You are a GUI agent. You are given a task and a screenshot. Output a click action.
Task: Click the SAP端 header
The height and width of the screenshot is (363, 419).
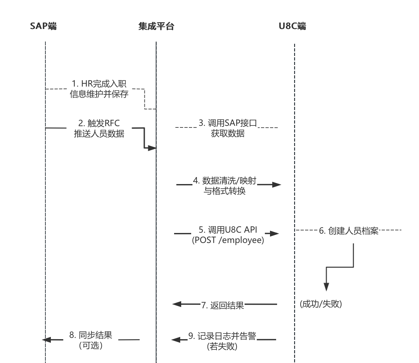click(x=43, y=26)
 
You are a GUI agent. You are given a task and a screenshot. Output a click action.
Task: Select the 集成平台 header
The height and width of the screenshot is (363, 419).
click(x=156, y=26)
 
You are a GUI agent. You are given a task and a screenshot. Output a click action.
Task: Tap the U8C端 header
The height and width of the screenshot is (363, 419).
click(x=292, y=26)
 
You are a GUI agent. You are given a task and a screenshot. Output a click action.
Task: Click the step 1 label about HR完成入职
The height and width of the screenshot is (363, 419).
click(x=99, y=89)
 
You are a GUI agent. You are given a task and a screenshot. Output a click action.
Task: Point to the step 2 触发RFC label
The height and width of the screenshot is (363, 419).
click(x=99, y=128)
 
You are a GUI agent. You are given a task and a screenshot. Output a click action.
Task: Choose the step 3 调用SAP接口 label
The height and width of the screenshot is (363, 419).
click(x=228, y=128)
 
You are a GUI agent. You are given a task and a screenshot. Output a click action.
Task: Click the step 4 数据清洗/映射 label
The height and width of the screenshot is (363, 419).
click(x=225, y=185)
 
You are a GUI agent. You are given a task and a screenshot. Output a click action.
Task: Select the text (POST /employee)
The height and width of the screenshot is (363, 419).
click(x=228, y=240)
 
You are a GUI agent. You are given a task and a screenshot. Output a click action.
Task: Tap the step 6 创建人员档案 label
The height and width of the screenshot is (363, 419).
click(x=349, y=231)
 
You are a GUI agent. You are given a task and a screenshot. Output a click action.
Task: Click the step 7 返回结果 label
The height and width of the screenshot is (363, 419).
click(x=223, y=305)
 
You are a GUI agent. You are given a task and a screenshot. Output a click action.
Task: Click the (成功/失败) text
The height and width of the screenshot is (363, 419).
click(x=321, y=304)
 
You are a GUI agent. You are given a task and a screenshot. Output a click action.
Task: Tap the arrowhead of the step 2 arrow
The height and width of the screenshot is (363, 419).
click(x=152, y=148)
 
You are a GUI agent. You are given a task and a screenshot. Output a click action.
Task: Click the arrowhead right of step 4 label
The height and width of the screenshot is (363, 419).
click(x=276, y=185)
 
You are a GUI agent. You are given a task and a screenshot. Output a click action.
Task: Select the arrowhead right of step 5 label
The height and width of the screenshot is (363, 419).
click(x=275, y=234)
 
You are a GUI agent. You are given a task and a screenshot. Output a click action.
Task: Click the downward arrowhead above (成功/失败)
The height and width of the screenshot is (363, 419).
click(x=326, y=287)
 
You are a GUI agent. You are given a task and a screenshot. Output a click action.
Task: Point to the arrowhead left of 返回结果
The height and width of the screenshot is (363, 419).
click(x=177, y=304)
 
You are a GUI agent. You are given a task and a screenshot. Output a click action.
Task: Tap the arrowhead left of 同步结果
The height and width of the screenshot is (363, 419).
click(x=46, y=340)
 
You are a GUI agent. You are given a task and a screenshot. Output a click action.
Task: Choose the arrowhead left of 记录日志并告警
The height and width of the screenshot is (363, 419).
click(x=176, y=340)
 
